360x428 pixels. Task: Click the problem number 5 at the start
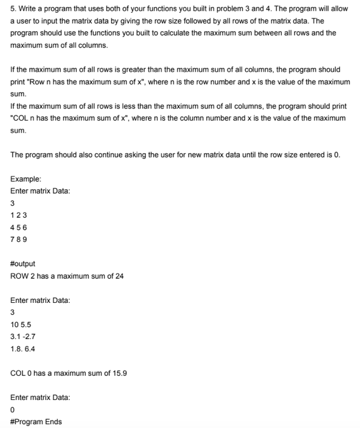13,8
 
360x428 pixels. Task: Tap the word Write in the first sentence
28,8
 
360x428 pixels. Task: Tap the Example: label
26,180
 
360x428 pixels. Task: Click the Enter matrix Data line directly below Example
40,192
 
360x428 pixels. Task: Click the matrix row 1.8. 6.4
23,349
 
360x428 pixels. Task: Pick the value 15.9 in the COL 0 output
119,373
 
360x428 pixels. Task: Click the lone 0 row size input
13,410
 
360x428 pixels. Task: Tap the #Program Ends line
36,422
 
